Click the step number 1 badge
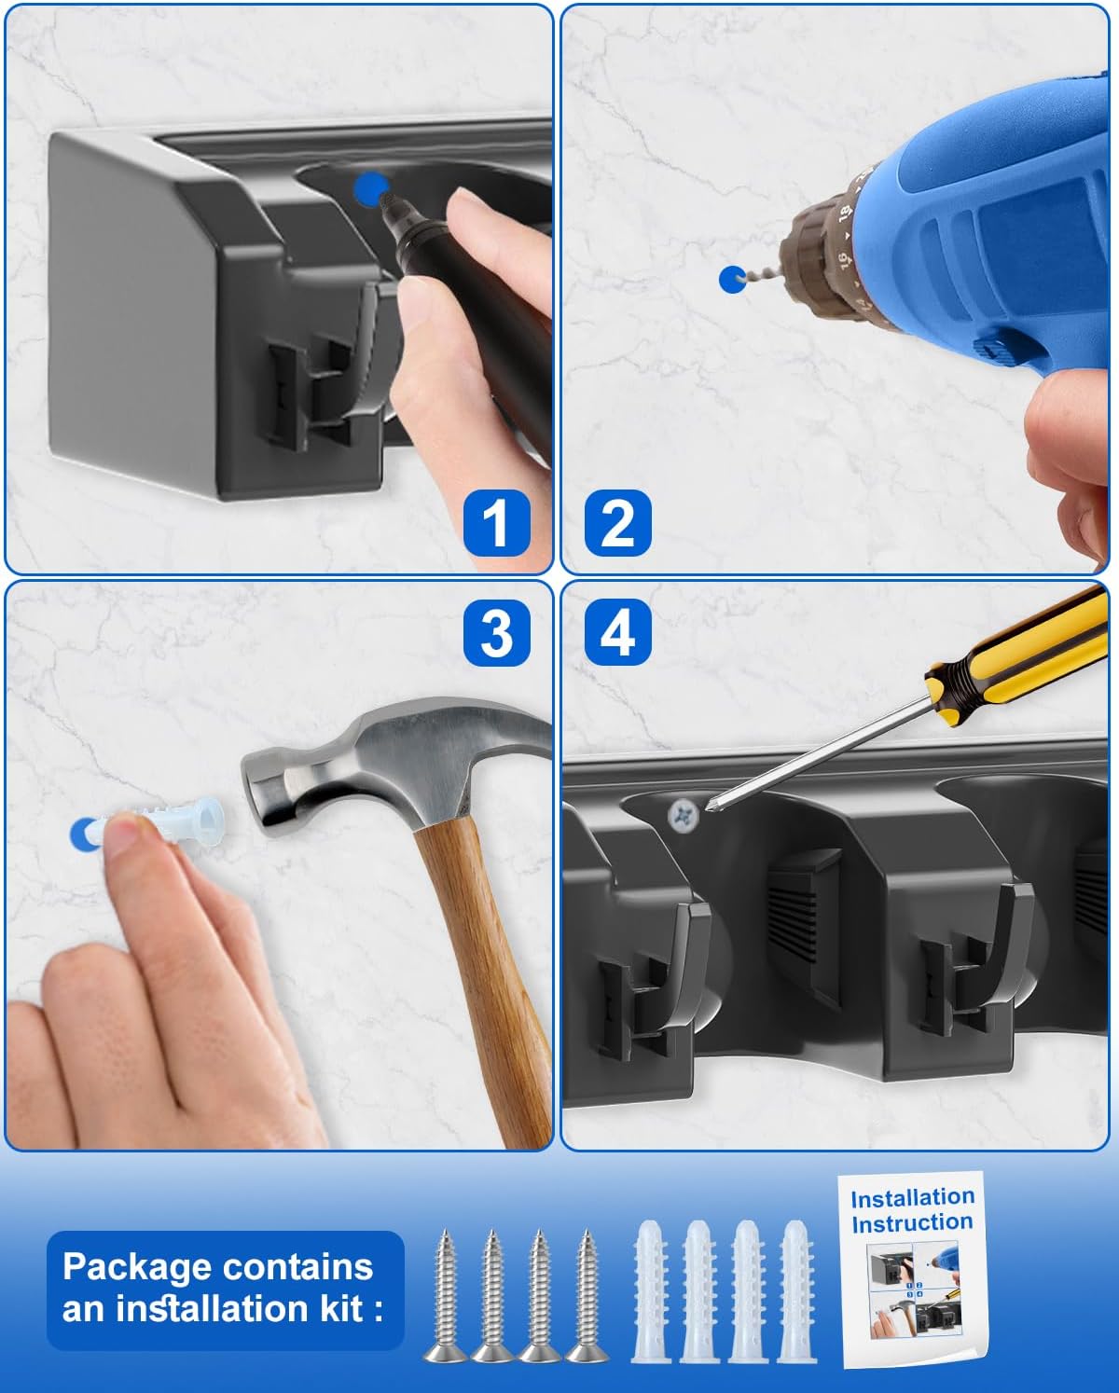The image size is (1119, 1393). point(497,522)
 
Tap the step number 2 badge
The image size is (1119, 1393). point(617,522)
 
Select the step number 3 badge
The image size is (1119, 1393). point(497,632)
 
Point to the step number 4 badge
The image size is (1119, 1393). point(617,632)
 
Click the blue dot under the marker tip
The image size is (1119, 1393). point(370,189)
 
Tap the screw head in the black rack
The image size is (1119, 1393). point(684,815)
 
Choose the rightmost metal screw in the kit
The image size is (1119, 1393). point(587,1297)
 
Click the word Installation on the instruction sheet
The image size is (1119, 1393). point(912,1198)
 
